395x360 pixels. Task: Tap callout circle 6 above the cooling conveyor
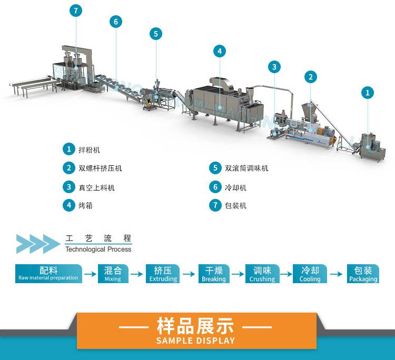116,22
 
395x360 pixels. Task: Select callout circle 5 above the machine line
155,34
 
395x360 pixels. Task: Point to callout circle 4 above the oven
220,51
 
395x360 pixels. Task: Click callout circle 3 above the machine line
274,67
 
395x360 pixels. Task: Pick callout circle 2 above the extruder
311,77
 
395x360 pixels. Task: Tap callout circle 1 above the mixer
368,93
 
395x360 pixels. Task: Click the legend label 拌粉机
90,149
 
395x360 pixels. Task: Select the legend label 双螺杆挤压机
100,168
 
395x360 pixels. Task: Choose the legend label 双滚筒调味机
246,168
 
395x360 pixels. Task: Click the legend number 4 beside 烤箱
68,205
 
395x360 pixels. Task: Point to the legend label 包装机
235,205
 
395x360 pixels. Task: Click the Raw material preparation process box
48,274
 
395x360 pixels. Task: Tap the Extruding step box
163,274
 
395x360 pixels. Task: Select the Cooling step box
310,274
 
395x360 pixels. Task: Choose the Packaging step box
363,274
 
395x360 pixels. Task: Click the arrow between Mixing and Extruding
137,274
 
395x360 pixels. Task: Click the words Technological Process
98,249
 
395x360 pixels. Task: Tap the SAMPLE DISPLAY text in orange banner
195,341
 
